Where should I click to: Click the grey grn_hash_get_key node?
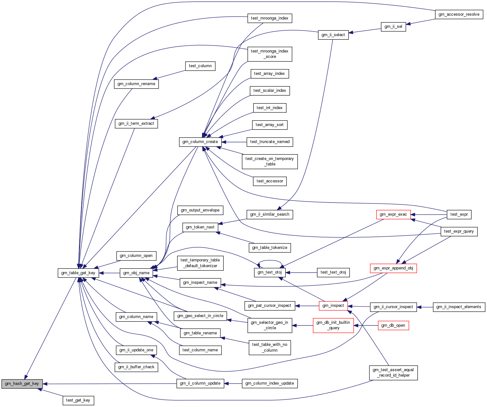(x=22, y=384)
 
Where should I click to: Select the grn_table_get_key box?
(x=78, y=273)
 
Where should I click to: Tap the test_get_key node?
(x=78, y=400)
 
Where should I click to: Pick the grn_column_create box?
(x=200, y=142)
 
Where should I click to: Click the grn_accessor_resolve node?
(x=459, y=14)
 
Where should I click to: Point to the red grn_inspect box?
(x=333, y=306)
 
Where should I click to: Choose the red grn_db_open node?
(x=393, y=325)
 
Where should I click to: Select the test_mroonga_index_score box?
(x=270, y=54)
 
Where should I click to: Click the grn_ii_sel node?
(x=393, y=27)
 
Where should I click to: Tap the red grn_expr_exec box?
(x=393, y=214)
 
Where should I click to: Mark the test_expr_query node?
(x=459, y=231)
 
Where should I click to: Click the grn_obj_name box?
(x=136, y=273)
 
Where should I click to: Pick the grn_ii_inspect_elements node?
(x=459, y=307)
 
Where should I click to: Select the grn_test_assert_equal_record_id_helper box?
(x=393, y=372)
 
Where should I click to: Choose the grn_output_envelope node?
(x=200, y=210)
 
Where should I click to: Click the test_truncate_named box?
(x=270, y=142)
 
